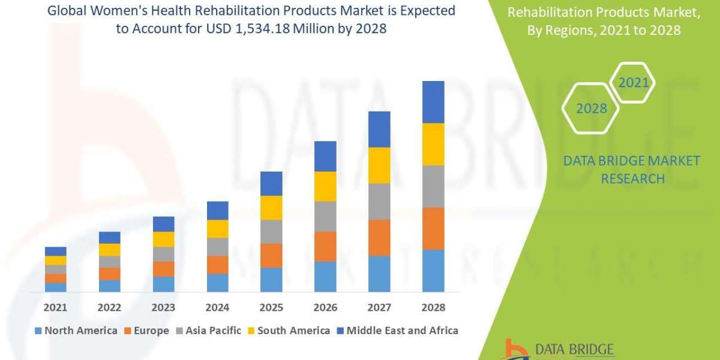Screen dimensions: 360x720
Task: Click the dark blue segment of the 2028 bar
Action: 433,102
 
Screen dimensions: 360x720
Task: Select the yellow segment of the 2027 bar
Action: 379,165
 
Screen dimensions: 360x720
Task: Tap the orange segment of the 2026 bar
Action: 325,246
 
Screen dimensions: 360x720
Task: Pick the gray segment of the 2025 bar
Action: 271,231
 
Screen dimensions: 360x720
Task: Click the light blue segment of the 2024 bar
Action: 217,283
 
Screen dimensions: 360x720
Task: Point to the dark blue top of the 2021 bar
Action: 55,251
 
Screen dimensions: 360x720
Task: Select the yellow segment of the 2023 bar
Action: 163,239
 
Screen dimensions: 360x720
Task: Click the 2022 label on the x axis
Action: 109,307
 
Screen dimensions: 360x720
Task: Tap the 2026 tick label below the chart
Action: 325,307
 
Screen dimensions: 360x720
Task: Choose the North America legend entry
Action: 76,331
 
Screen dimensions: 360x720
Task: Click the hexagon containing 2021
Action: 633,82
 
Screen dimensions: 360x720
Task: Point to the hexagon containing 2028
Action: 590,109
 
